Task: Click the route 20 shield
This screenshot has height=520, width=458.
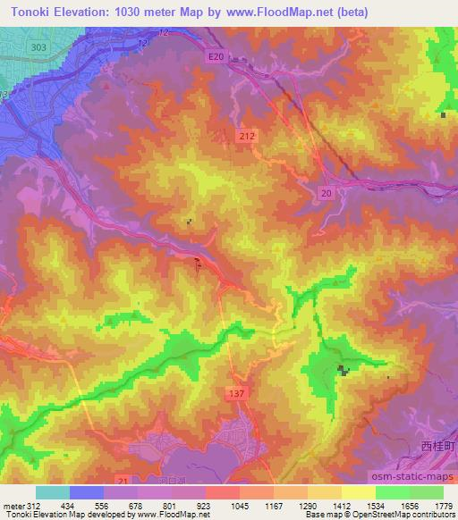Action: tap(327, 193)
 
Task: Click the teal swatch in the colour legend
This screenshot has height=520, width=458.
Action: tap(53, 492)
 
